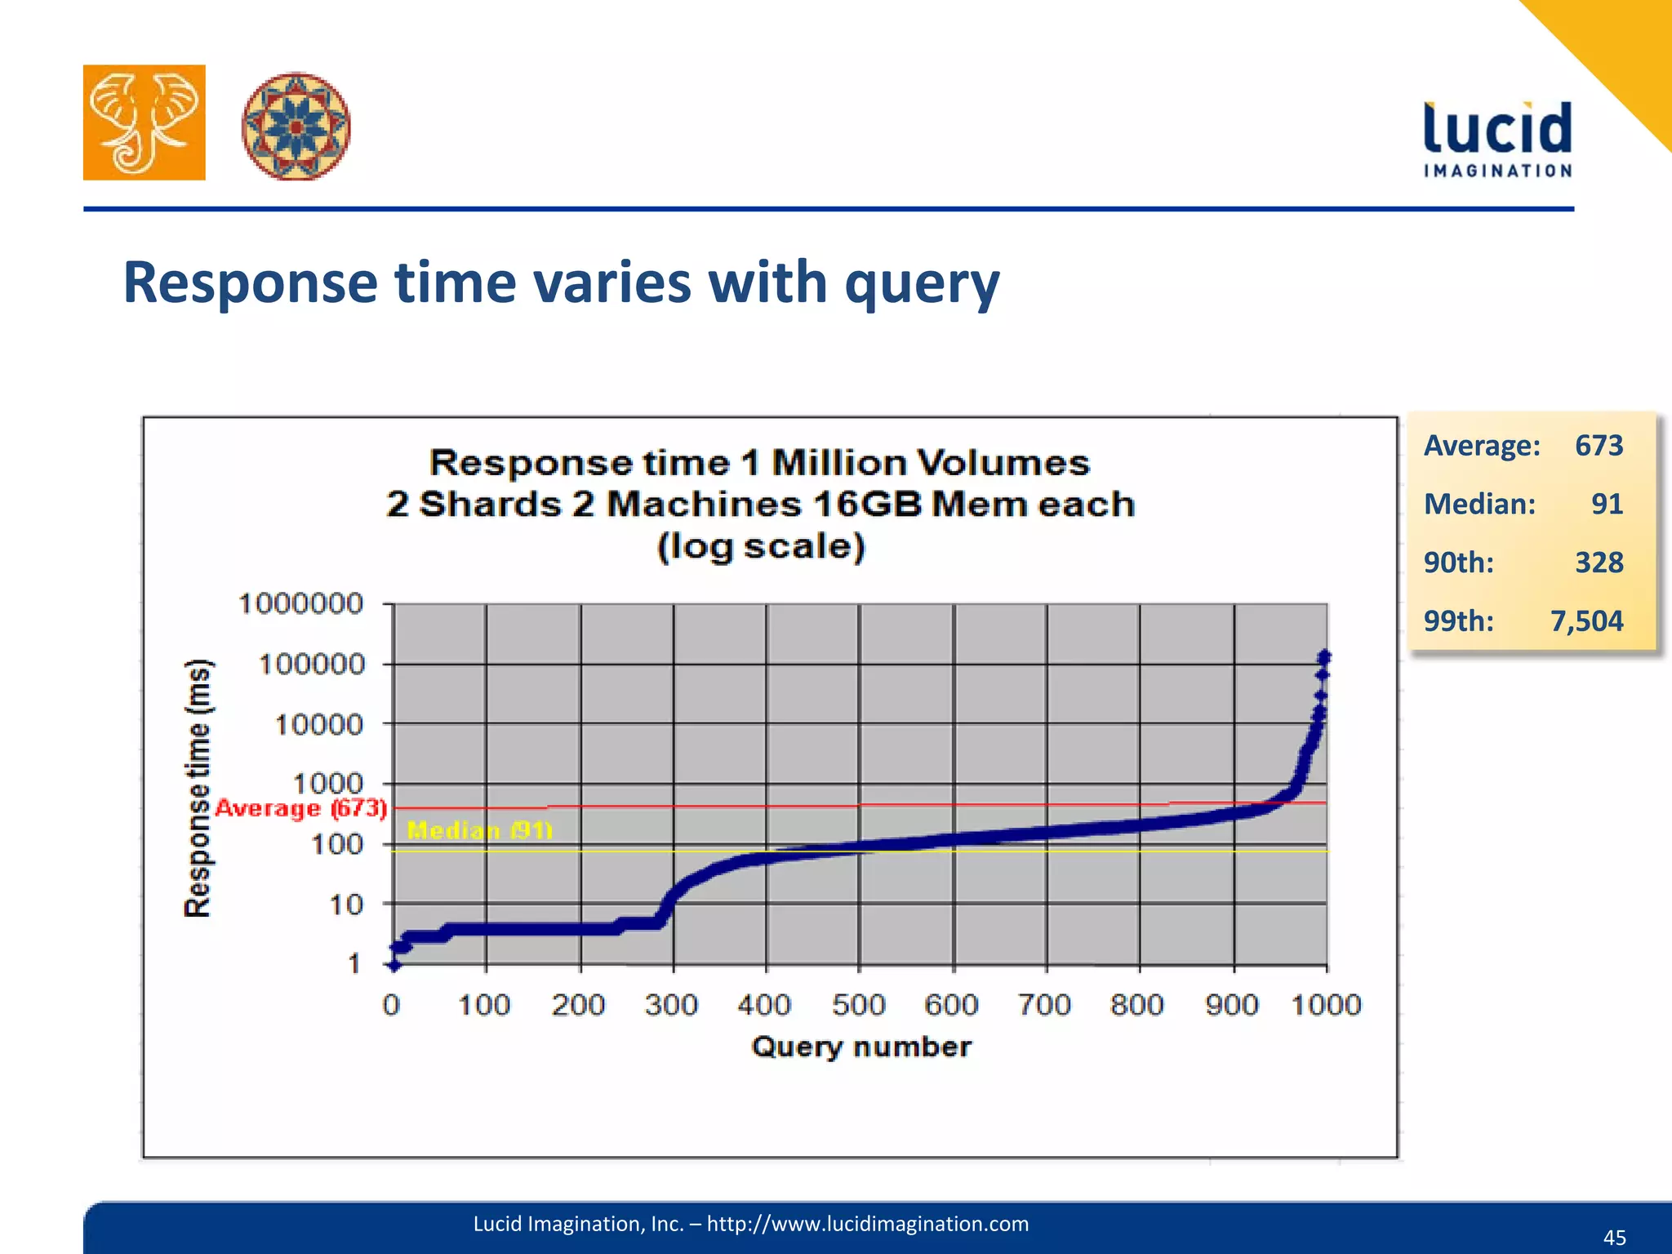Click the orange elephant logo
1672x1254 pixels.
coord(144,122)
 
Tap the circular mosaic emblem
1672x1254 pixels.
coord(296,126)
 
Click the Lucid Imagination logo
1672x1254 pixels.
coord(1497,139)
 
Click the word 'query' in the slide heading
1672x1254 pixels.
coord(922,283)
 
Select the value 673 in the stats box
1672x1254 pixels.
coord(1599,446)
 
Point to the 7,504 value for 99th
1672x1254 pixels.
coord(1586,621)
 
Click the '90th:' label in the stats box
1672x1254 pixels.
coord(1458,563)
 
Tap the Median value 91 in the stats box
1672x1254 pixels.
coord(1607,504)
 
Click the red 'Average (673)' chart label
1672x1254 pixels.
coord(300,808)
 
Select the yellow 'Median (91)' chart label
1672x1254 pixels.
coord(480,830)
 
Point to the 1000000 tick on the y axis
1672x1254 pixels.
coord(300,604)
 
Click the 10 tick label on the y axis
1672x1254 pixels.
coord(345,905)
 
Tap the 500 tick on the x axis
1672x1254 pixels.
coord(858,1004)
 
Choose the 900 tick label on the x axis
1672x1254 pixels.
coord(1231,1004)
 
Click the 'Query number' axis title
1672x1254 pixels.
coord(861,1047)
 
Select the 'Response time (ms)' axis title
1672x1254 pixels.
coord(198,787)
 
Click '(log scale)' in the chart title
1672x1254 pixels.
coord(761,546)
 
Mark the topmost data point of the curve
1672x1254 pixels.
coord(1324,656)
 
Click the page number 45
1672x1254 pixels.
coord(1614,1238)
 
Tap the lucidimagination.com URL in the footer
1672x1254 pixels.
coord(867,1224)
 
